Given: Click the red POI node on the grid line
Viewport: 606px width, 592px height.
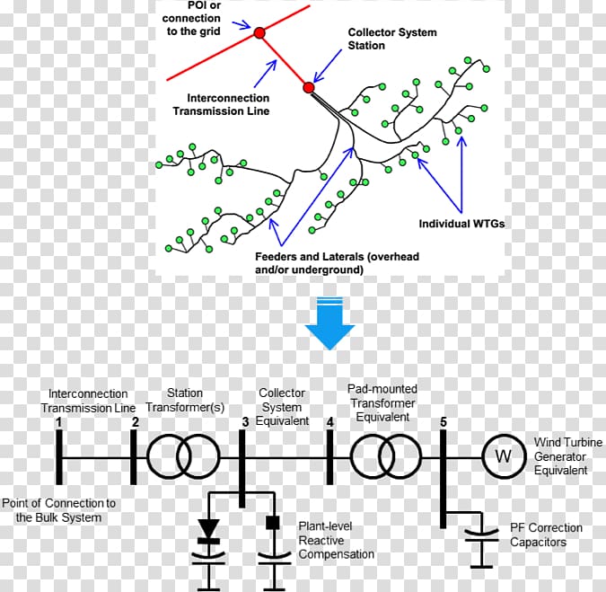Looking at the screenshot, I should (259, 32).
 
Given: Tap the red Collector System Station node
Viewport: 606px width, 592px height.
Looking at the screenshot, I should (309, 88).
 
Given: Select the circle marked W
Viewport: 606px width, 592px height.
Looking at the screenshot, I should (504, 456).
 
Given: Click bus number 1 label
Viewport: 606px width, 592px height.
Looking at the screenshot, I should (58, 421).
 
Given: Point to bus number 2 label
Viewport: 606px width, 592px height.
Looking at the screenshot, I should (135, 421).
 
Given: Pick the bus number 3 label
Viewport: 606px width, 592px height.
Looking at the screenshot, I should (246, 422).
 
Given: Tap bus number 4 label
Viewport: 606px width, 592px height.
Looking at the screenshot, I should (330, 422).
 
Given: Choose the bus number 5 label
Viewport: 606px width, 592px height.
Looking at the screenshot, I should (443, 421).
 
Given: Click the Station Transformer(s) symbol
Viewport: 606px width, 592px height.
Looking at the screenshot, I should (185, 456).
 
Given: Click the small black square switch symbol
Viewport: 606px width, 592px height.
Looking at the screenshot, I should (274, 523).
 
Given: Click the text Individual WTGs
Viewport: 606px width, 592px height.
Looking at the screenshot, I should (461, 224).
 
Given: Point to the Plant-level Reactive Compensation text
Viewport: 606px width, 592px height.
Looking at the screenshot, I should (336, 540).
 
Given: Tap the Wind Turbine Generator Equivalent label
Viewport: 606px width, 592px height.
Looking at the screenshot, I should (561, 456).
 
